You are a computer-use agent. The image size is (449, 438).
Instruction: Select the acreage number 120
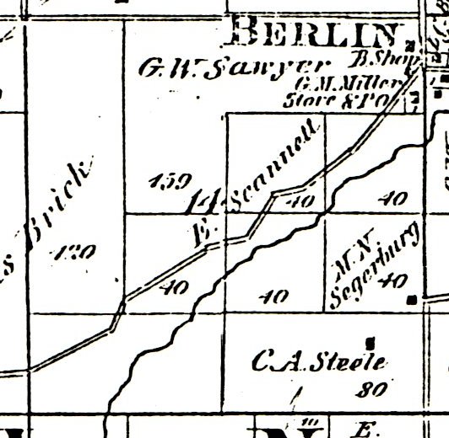pos(77,251)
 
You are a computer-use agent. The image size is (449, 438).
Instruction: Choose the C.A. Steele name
pos(319,363)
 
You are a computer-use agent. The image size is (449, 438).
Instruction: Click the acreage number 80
pos(370,389)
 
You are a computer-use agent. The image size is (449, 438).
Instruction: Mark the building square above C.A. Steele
pos(370,341)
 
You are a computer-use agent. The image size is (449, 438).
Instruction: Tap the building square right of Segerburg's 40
pos(411,298)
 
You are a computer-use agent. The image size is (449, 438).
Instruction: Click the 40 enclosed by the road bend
pos(306,201)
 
